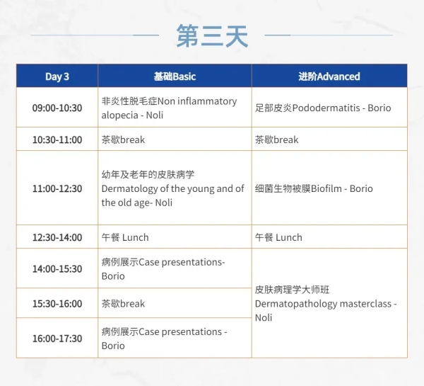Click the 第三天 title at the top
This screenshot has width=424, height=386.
click(x=212, y=36)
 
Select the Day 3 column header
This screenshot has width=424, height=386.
click(x=57, y=76)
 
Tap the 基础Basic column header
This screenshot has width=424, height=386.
click(x=175, y=76)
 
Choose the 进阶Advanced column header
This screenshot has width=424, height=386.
click(x=329, y=76)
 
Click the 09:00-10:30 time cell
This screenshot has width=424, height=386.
click(x=57, y=108)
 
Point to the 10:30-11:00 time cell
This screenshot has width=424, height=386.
click(x=57, y=140)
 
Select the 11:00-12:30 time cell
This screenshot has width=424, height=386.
click(x=57, y=188)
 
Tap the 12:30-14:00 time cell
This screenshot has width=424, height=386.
click(x=57, y=237)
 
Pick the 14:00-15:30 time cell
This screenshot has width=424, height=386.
click(x=57, y=268)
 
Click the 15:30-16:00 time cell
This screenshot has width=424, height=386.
click(x=57, y=303)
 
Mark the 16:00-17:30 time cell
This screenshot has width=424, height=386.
click(x=57, y=339)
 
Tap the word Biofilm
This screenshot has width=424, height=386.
click(x=326, y=188)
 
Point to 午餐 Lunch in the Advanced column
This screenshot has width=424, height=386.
click(x=278, y=237)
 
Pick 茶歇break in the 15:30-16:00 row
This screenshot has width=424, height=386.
click(x=123, y=304)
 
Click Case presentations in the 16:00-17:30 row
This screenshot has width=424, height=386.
click(x=180, y=331)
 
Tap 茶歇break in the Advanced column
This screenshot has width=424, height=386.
click(x=276, y=140)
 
